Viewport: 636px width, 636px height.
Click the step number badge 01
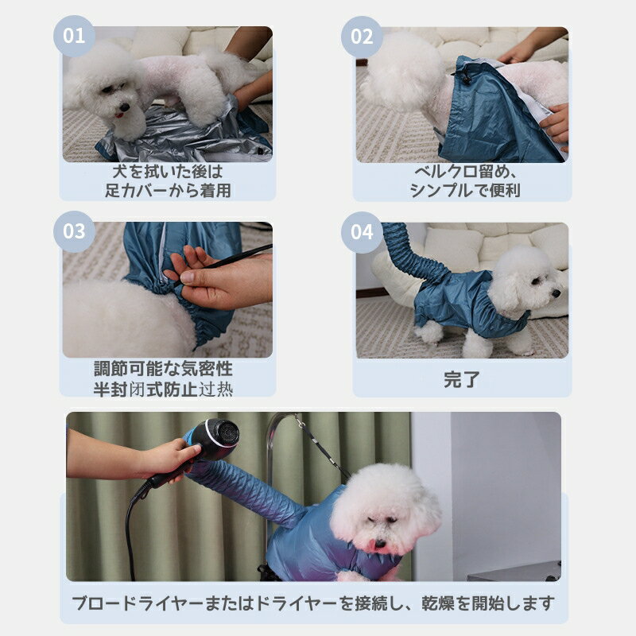(73, 36)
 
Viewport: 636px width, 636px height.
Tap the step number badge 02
(362, 36)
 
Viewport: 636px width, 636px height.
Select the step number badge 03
(73, 231)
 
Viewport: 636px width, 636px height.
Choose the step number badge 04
(362, 231)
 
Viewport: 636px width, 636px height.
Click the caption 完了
(462, 379)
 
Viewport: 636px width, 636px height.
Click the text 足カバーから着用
(169, 191)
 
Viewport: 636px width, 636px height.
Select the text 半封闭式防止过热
(163, 389)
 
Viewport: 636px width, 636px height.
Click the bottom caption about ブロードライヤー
(314, 602)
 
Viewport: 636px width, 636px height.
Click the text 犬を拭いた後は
(169, 171)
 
